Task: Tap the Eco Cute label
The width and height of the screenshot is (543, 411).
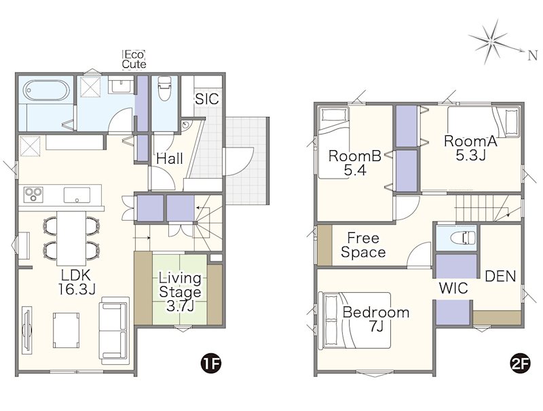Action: pyautogui.click(x=134, y=60)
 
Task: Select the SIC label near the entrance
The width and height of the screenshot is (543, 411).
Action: pyautogui.click(x=207, y=99)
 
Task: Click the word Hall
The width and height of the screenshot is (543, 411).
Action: pyautogui.click(x=170, y=159)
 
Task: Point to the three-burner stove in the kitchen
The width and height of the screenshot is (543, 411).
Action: pyautogui.click(x=33, y=194)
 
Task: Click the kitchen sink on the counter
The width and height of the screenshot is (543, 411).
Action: pyautogui.click(x=77, y=195)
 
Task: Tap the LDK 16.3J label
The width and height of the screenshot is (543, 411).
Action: pyautogui.click(x=76, y=282)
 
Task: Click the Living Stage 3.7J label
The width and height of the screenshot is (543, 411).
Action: pyautogui.click(x=180, y=292)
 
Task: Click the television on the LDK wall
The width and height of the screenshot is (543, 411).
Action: pyautogui.click(x=27, y=330)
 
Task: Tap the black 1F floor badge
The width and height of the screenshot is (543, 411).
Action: pyautogui.click(x=211, y=364)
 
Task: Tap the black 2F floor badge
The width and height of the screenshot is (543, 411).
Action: pyautogui.click(x=520, y=364)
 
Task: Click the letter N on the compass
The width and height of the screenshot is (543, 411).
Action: pyautogui.click(x=532, y=56)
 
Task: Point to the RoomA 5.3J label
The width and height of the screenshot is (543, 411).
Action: pyautogui.click(x=470, y=148)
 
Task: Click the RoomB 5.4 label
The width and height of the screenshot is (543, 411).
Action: pyautogui.click(x=355, y=163)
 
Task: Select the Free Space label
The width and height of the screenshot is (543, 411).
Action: pyautogui.click(x=363, y=245)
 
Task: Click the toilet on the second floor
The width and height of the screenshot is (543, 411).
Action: pyautogui.click(x=464, y=238)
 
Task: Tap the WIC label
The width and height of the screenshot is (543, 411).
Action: pyautogui.click(x=453, y=288)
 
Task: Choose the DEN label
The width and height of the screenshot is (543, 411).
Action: pyautogui.click(x=500, y=276)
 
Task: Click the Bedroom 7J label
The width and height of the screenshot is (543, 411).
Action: pyautogui.click(x=376, y=319)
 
